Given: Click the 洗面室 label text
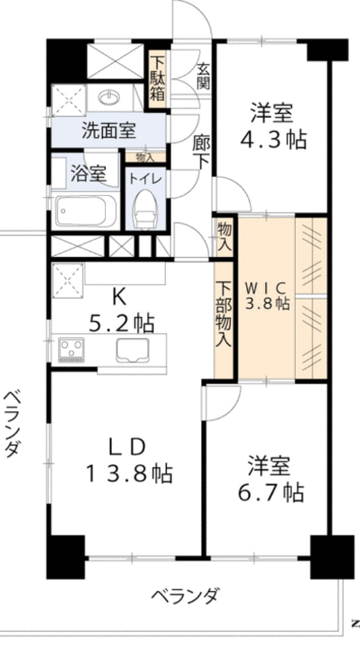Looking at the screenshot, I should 109,130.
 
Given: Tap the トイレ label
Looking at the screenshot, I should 143,179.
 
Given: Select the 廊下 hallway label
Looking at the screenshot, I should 201,152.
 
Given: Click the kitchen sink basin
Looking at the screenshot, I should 135,350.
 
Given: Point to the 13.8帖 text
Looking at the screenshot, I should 129,474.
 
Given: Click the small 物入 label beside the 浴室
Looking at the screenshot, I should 144,157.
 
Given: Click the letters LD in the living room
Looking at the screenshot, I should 128,447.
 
